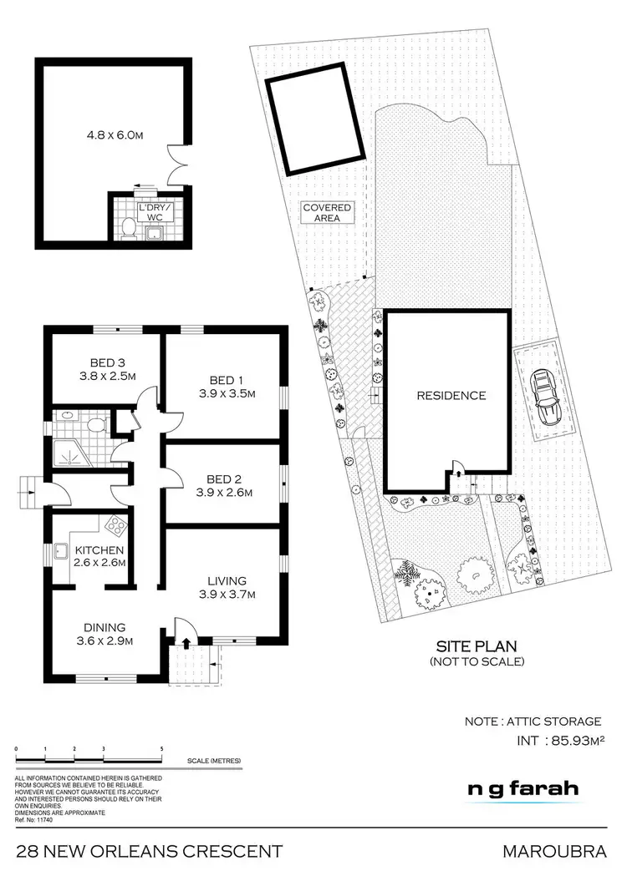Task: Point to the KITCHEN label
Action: [x=99, y=550]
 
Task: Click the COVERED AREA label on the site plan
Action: [x=328, y=212]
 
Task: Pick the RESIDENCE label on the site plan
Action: [x=451, y=395]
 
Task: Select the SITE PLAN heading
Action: [x=477, y=646]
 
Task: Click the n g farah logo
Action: [x=522, y=789]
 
